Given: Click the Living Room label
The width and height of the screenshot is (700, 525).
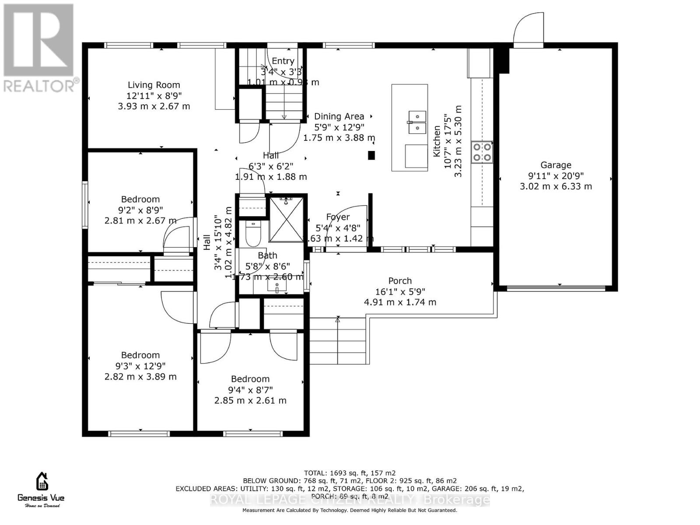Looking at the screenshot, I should pyautogui.click(x=154, y=85).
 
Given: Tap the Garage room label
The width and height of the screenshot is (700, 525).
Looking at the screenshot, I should pyautogui.click(x=556, y=165).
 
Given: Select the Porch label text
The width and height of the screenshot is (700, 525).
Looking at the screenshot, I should pyautogui.click(x=400, y=281).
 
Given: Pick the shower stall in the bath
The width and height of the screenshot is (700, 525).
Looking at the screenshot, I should pyautogui.click(x=286, y=220).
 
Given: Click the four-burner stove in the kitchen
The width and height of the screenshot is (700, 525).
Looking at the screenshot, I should pyautogui.click(x=482, y=152).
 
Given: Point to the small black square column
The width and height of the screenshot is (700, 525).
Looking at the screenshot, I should pyautogui.click(x=371, y=155).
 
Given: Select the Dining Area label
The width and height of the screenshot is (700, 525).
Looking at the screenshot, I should pyautogui.click(x=339, y=116).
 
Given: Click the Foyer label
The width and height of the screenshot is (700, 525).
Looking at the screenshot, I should pyautogui.click(x=338, y=217).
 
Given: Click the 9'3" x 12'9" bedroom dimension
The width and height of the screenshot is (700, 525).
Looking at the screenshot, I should pyautogui.click(x=140, y=366).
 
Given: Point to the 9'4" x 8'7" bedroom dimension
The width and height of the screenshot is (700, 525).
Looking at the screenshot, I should pyautogui.click(x=250, y=390).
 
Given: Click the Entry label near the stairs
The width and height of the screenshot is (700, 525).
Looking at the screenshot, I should pyautogui.click(x=283, y=61).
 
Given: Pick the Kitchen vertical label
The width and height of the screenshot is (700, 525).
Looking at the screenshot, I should pyautogui.click(x=437, y=141).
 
